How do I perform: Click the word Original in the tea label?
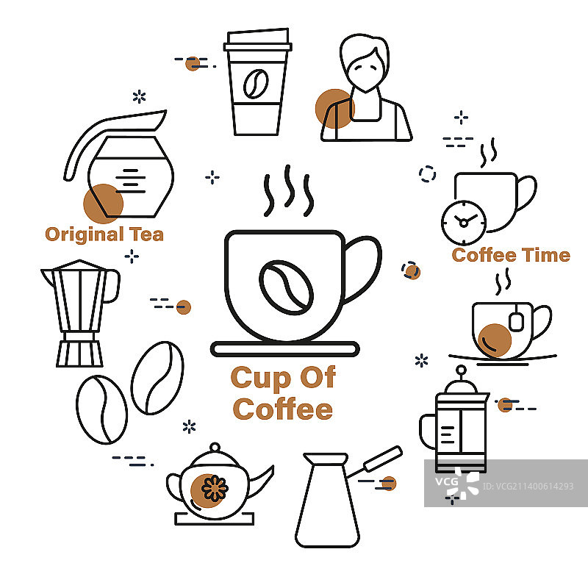tap(85, 234)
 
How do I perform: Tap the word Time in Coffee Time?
tap(546, 255)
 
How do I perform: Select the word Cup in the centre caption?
tap(260, 379)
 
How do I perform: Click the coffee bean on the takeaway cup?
tap(256, 84)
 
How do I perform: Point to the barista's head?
tap(365, 62)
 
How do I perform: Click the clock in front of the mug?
tap(464, 223)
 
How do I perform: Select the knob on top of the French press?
tap(462, 370)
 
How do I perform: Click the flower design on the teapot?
tap(215, 488)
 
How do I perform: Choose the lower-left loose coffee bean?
tap(101, 409)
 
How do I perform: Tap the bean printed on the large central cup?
tap(286, 287)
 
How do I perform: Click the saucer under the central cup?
tap(285, 349)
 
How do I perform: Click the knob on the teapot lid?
tap(215, 448)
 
